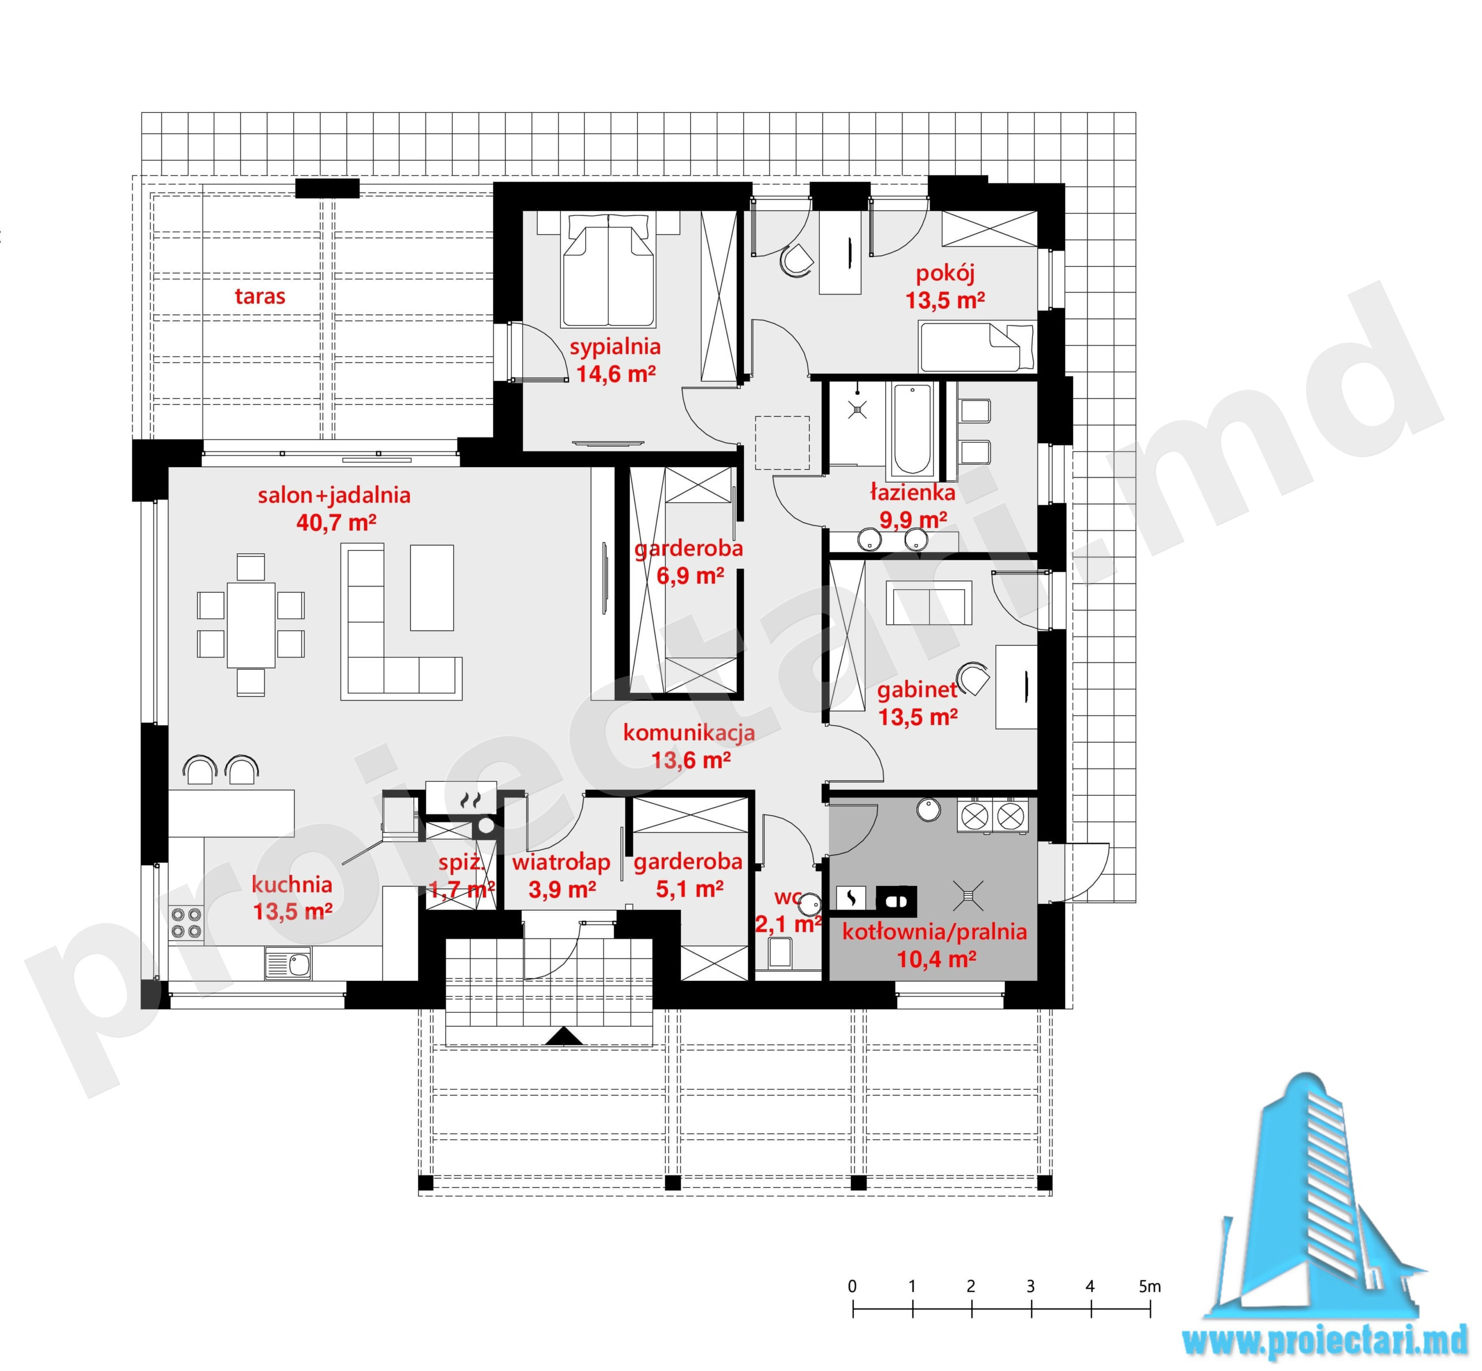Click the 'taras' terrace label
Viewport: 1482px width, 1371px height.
point(260,296)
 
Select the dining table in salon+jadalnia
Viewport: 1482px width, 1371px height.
point(251,624)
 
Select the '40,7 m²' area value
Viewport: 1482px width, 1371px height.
point(336,522)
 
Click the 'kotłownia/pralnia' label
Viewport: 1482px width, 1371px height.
point(934,932)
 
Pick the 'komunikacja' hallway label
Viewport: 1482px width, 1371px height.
point(689,733)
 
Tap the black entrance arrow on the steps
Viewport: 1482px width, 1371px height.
point(565,1036)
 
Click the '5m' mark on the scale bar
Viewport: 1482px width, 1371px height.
point(1150,1287)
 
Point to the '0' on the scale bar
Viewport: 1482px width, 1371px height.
point(852,1287)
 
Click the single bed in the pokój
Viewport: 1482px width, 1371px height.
point(977,347)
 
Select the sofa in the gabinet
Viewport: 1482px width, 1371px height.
point(929,602)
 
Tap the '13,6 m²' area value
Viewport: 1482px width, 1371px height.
point(691,760)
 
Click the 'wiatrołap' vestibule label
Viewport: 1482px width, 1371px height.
point(561,862)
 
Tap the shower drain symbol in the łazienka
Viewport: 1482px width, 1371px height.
point(859,408)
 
